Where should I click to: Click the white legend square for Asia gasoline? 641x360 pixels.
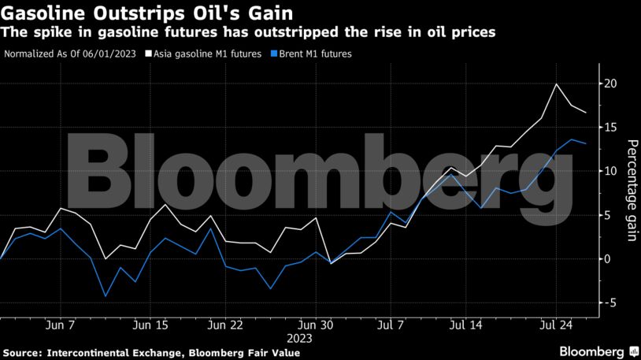[147, 54]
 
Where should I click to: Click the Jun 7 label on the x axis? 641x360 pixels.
[61, 325]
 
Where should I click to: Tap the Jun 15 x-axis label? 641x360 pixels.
[151, 325]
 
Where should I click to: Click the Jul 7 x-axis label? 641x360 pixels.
[391, 325]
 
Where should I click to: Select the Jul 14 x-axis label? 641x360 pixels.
[466, 325]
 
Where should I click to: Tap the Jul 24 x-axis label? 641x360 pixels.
[556, 325]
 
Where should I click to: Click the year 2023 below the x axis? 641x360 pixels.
[300, 338]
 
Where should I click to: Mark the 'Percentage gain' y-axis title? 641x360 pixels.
[631, 191]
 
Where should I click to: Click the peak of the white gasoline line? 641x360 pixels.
[557, 84]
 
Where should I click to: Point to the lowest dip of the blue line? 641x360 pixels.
[106, 296]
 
